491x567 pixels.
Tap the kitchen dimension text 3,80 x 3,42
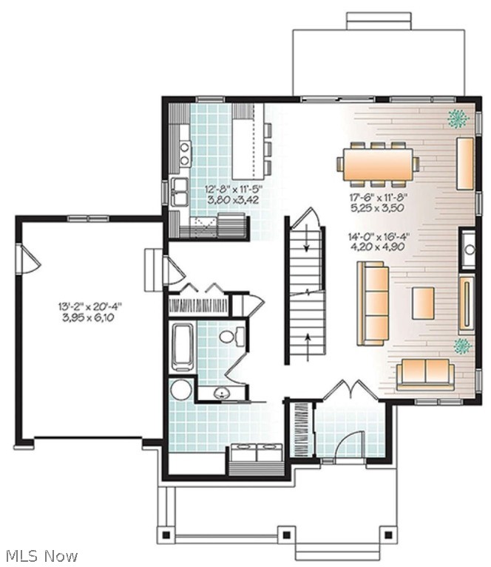pos(233,199)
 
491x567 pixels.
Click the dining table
pos(379,165)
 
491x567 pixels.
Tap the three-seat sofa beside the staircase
pos(373,303)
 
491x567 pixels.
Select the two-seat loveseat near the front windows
pos(425,374)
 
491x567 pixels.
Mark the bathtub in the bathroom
pos(183,347)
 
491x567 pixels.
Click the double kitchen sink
pos(180,192)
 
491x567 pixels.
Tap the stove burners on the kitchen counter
pos(186,154)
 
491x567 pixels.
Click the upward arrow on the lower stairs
pos(308,348)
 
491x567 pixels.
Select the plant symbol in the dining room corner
pos(458,118)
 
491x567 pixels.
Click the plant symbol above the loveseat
pos(463,346)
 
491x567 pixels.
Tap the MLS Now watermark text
pos(42,555)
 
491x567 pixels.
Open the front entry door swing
pos(348,442)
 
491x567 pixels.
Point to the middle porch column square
pos(286,535)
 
